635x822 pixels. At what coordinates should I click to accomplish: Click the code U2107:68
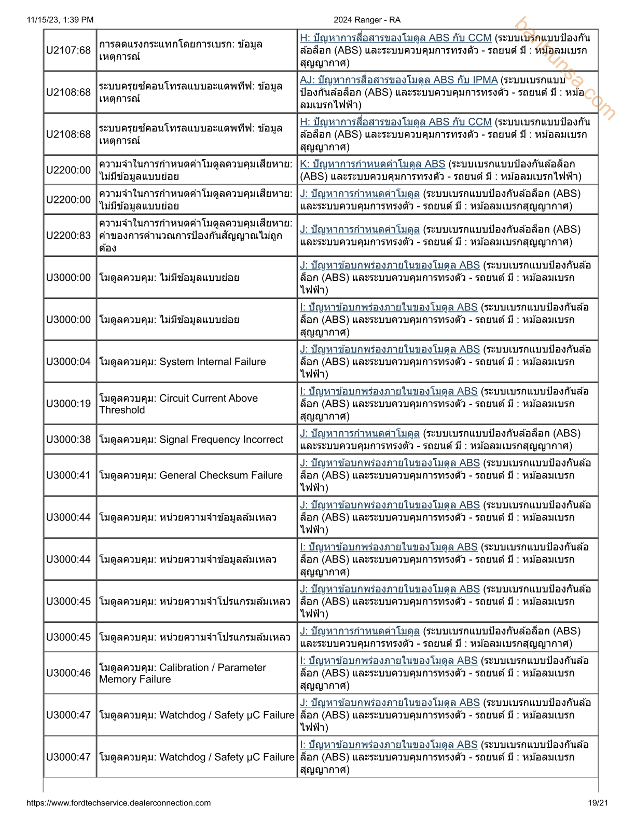(68, 50)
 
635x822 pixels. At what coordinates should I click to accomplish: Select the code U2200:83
(68, 236)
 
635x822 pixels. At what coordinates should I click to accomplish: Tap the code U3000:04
(68, 362)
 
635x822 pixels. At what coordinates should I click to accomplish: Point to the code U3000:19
(68, 404)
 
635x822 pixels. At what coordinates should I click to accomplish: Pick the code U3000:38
(68, 440)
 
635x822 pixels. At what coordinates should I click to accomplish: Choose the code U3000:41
(68, 475)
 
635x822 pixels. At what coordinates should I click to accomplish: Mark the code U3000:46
(68, 673)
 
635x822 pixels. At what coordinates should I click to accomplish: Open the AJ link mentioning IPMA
(398, 80)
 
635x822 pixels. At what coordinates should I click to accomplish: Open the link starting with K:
(372, 164)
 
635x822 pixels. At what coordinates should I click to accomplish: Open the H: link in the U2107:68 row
(395, 38)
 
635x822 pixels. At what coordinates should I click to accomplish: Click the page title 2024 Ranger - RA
(367, 20)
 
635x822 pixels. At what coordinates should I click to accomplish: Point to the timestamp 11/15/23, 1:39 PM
(60, 20)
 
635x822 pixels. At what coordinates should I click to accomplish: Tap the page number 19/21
(598, 803)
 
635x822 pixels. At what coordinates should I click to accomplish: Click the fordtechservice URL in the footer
(119, 803)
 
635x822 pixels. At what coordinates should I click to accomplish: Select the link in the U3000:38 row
(360, 433)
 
